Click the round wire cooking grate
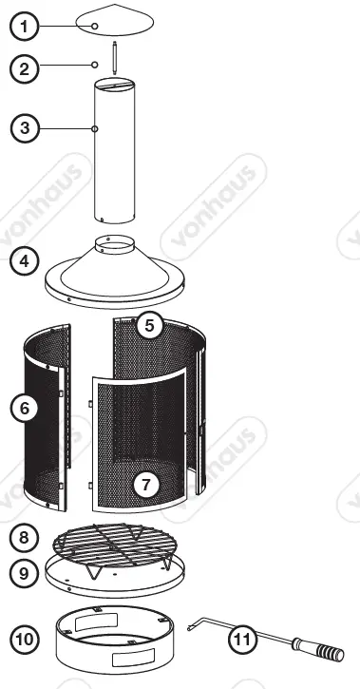116,545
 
